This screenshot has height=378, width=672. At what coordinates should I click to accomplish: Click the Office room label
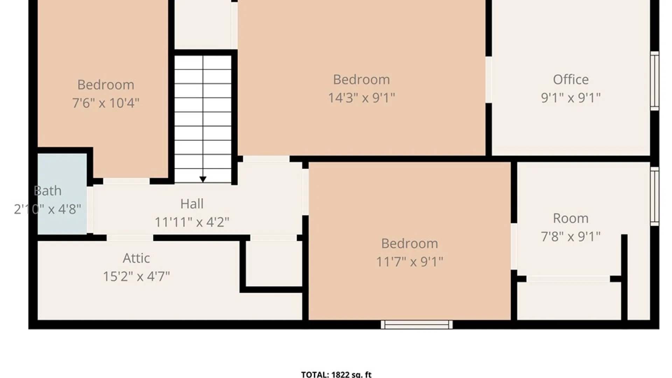[570, 80]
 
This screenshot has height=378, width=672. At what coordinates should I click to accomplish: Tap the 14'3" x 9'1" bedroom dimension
[361, 98]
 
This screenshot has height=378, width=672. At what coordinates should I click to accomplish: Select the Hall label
[192, 204]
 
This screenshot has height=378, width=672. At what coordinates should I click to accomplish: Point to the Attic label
[136, 258]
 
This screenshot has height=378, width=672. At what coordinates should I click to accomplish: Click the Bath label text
[48, 191]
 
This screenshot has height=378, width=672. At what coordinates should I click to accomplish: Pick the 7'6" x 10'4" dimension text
[106, 103]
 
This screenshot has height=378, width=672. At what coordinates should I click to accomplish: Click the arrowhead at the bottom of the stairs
[203, 180]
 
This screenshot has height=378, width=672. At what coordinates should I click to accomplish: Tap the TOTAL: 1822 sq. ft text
[336, 374]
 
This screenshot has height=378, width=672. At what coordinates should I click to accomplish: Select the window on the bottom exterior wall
[416, 325]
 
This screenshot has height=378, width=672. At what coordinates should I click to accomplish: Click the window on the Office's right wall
[654, 81]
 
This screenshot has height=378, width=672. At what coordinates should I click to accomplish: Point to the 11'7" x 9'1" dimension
[409, 261]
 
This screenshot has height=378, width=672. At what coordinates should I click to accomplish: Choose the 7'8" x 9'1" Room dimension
[570, 237]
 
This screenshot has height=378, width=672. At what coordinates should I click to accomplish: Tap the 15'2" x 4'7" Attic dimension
[136, 276]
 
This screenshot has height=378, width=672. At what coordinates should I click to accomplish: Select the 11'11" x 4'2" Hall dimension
[192, 222]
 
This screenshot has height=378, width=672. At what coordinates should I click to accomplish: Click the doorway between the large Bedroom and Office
[489, 80]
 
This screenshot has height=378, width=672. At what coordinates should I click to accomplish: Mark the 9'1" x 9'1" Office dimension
[570, 98]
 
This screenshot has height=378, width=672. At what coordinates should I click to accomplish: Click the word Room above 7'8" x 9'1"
[570, 218]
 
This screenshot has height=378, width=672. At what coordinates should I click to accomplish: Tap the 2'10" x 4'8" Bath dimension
[48, 209]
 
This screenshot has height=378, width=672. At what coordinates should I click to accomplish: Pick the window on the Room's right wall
[654, 196]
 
